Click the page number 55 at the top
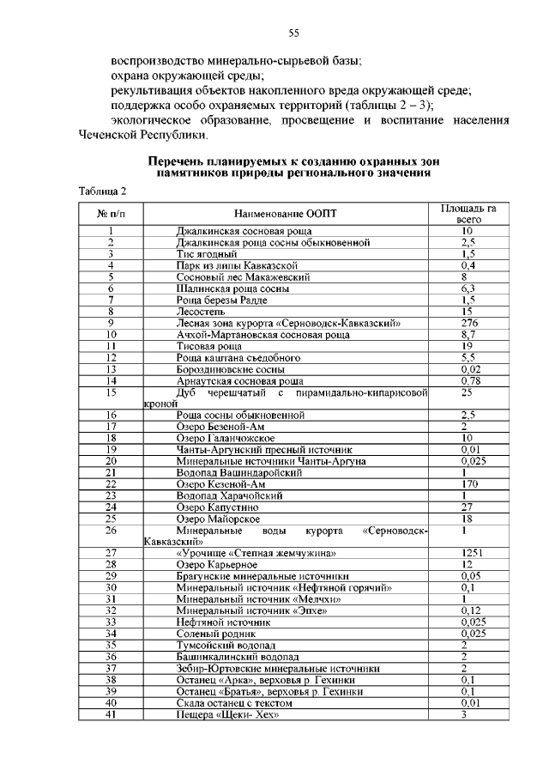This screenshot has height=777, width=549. pyautogui.click(x=293, y=33)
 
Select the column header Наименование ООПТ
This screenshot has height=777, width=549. pyautogui.click(x=286, y=213)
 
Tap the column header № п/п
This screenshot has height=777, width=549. pyautogui.click(x=111, y=213)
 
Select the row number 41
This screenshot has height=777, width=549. pyautogui.click(x=111, y=713)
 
